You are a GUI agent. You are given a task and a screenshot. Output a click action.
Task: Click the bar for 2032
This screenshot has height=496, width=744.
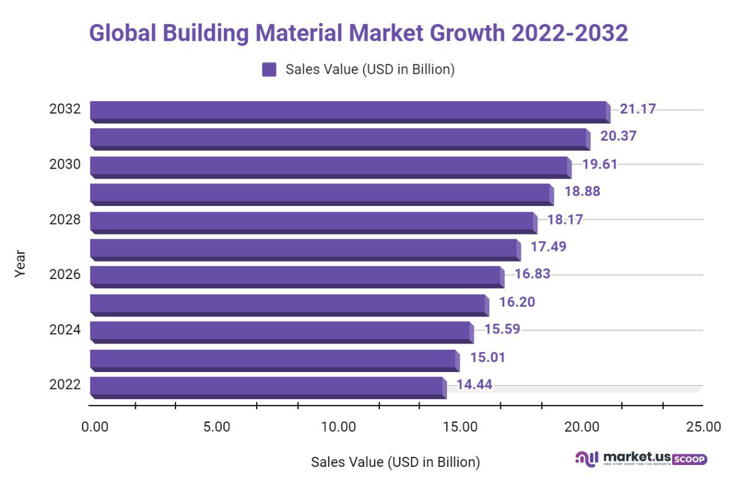tap(348, 110)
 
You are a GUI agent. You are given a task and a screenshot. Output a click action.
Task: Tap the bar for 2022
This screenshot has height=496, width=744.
tap(267, 386)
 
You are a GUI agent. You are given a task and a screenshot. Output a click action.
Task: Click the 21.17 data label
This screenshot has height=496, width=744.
tap(637, 109)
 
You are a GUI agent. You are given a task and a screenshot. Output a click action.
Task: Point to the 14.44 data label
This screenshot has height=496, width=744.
tap(474, 384)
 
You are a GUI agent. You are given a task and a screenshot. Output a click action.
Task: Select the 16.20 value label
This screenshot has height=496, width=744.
tap(516, 302)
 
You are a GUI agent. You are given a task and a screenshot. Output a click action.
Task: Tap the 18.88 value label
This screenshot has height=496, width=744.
tap(582, 192)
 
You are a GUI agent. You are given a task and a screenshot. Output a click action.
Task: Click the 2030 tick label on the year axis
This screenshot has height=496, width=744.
tap(64, 165)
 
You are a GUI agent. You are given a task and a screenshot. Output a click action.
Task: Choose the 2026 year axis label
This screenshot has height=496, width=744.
tap(64, 274)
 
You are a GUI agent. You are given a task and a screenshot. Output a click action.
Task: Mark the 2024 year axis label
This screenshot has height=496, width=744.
tap(64, 329)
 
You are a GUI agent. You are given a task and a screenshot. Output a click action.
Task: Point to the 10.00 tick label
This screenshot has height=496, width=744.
tap(339, 427)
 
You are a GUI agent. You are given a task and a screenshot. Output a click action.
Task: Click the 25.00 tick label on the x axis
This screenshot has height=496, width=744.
tap(704, 427)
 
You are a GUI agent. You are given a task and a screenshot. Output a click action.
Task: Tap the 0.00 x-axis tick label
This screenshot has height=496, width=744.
tap(94, 427)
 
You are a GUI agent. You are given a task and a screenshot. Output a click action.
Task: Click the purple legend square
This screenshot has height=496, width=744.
tap(269, 69)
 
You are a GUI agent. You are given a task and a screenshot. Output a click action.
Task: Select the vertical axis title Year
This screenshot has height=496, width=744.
tap(20, 263)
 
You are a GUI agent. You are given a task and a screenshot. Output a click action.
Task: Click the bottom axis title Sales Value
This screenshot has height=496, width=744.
tap(395, 462)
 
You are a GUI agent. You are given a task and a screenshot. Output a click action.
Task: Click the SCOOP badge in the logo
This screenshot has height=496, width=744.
tap(689, 459)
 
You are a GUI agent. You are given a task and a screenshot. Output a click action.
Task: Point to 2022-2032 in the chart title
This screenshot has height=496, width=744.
tap(570, 33)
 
